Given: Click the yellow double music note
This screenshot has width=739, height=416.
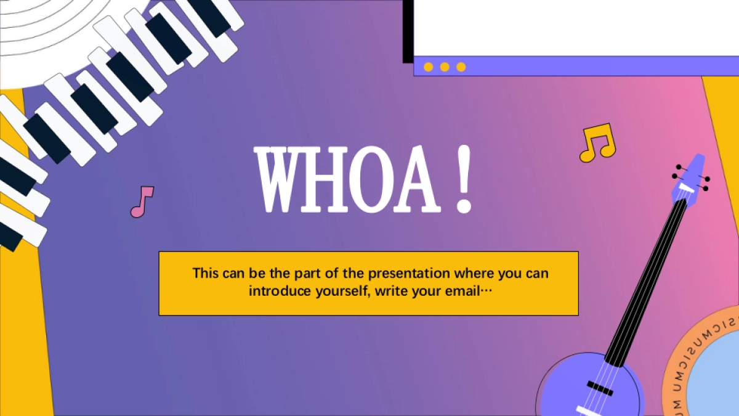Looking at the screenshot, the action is coord(598,142).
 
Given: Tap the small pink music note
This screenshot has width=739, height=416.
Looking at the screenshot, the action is coord(142,202).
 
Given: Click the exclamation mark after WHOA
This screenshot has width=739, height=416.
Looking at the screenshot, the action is coord(464,179).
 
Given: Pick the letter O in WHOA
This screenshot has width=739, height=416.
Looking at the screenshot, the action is coord(369,179).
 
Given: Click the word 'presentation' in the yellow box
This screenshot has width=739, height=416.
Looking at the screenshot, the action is coord(409,274).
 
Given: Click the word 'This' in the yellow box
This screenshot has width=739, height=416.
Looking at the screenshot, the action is coord(206,273).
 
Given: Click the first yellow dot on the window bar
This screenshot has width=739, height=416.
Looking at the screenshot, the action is coord(428,67).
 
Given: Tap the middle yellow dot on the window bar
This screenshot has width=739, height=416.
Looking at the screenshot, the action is coord(445,67).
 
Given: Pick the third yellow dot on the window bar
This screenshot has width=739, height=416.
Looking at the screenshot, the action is coord(461,67).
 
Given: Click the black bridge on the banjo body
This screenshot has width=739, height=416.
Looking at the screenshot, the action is coord(600,388).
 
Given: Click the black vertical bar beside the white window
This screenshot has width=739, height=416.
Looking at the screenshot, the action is coord(408,31).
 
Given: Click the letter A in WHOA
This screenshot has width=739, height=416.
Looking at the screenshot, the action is coord(417,179).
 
